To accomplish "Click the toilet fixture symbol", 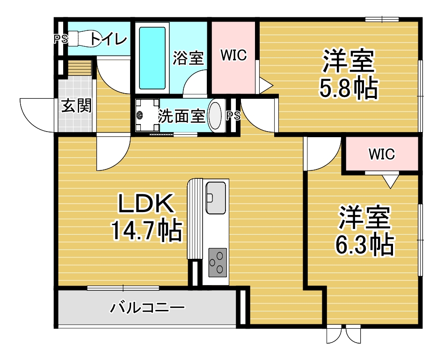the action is [84, 38].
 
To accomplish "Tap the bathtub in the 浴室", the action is [153, 58].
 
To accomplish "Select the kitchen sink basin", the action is [216, 198].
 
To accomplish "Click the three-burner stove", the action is [218, 263].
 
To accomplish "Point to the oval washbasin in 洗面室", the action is [215, 115].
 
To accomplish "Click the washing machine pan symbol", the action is [147, 115].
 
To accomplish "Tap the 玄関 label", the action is [76, 106].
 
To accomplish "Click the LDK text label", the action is [145, 203].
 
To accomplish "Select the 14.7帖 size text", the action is [147, 230].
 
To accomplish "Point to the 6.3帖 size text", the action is [364, 244].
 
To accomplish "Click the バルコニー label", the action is [147, 308].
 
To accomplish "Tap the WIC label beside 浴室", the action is [233, 55].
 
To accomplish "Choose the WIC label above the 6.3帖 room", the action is [381, 154].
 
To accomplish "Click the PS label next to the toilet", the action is [61, 39].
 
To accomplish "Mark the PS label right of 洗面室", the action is [233, 116].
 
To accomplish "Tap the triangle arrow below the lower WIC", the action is [391, 181].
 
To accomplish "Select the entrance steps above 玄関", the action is [80, 68].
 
